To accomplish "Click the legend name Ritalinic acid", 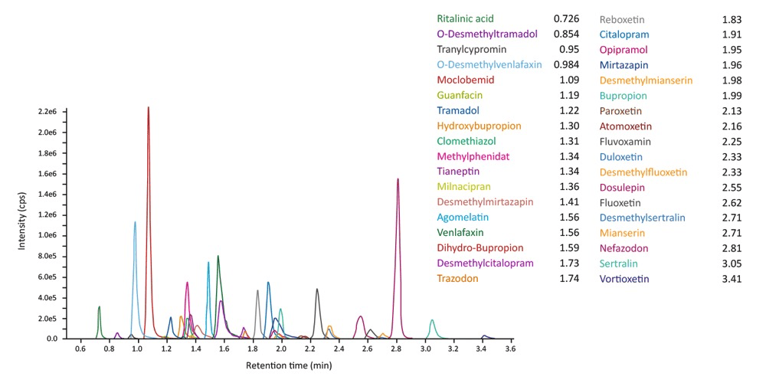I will [x=465, y=18].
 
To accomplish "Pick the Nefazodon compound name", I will [x=624, y=248].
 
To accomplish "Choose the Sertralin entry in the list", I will [x=620, y=264].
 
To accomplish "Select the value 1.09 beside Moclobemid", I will [x=566, y=80].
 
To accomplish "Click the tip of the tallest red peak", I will [x=148, y=108].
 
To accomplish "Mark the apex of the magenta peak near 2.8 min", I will [x=398, y=180].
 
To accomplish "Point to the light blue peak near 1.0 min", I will [x=135, y=223].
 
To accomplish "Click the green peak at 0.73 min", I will [x=99, y=307].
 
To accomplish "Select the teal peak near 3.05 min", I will [x=432, y=320].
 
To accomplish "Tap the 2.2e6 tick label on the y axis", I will [x=47, y=112].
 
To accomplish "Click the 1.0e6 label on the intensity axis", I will [x=47, y=235].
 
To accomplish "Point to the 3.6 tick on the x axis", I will [x=509, y=349].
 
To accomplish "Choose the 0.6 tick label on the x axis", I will [x=80, y=349].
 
